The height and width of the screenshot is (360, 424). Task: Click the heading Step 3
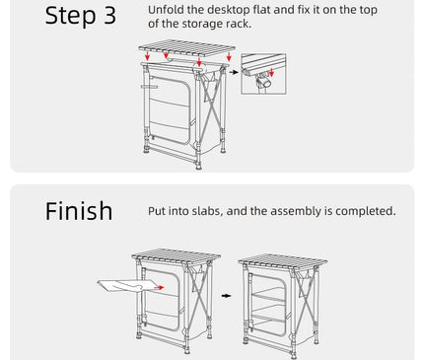tap(81, 16)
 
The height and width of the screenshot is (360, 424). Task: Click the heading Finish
tap(79, 211)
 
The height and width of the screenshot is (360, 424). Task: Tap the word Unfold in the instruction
tap(166, 10)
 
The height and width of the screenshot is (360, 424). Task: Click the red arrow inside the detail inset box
tap(271, 73)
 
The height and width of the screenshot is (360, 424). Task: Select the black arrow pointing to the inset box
tap(234, 72)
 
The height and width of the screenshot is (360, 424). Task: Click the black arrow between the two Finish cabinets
tap(226, 296)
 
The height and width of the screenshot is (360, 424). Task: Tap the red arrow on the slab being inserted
tap(159, 288)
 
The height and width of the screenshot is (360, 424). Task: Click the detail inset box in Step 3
tap(263, 74)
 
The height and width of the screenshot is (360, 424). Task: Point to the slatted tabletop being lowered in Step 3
tap(186, 48)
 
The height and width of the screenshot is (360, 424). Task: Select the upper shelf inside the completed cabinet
tap(268, 295)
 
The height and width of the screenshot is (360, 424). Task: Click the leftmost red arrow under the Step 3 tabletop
tap(147, 55)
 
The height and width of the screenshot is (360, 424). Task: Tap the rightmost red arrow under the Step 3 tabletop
tap(229, 56)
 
